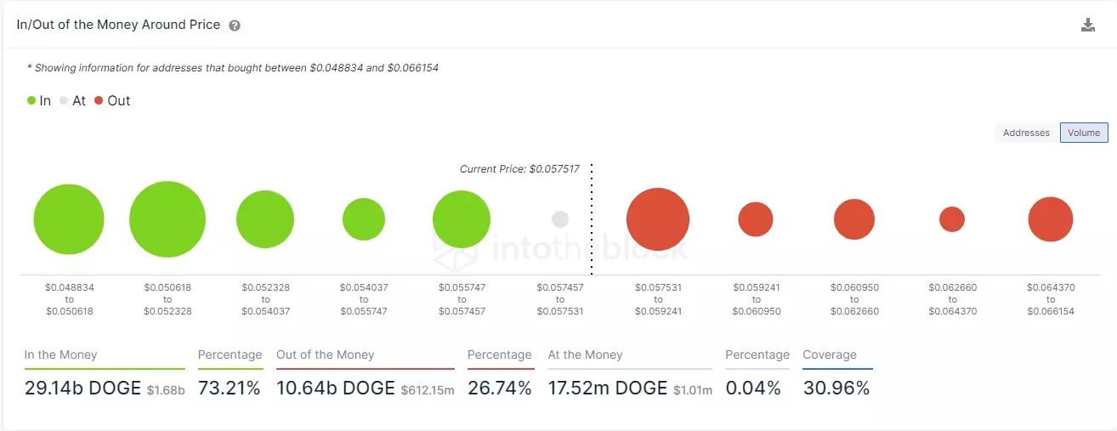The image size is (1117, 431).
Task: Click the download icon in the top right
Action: point(1087,25)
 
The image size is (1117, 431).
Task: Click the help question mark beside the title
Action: point(235,26)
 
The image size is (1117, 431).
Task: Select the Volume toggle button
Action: point(1084,133)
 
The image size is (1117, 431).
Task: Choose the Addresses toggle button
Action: point(1026,133)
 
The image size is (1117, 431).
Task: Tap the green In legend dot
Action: point(31,100)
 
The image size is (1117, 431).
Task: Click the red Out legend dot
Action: point(99,100)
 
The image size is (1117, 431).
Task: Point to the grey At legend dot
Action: point(64,100)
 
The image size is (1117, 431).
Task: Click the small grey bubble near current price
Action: point(559,219)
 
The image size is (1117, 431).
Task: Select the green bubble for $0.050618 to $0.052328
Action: point(167,219)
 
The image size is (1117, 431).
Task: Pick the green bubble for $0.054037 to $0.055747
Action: point(364,219)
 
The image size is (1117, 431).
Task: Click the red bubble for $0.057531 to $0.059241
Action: point(658,219)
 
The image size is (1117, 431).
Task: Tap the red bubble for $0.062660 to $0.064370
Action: point(952,219)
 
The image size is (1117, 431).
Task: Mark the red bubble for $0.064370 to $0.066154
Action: point(1051,219)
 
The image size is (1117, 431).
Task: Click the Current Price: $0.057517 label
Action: point(519,169)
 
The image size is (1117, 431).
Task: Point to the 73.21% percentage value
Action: point(229,388)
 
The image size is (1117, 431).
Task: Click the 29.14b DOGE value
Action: point(82,388)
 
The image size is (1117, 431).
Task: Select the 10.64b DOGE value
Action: point(336,388)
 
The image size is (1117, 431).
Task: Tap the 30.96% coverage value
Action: point(836,388)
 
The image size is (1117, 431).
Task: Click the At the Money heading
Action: point(585,354)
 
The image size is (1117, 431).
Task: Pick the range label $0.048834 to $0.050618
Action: point(70,299)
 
